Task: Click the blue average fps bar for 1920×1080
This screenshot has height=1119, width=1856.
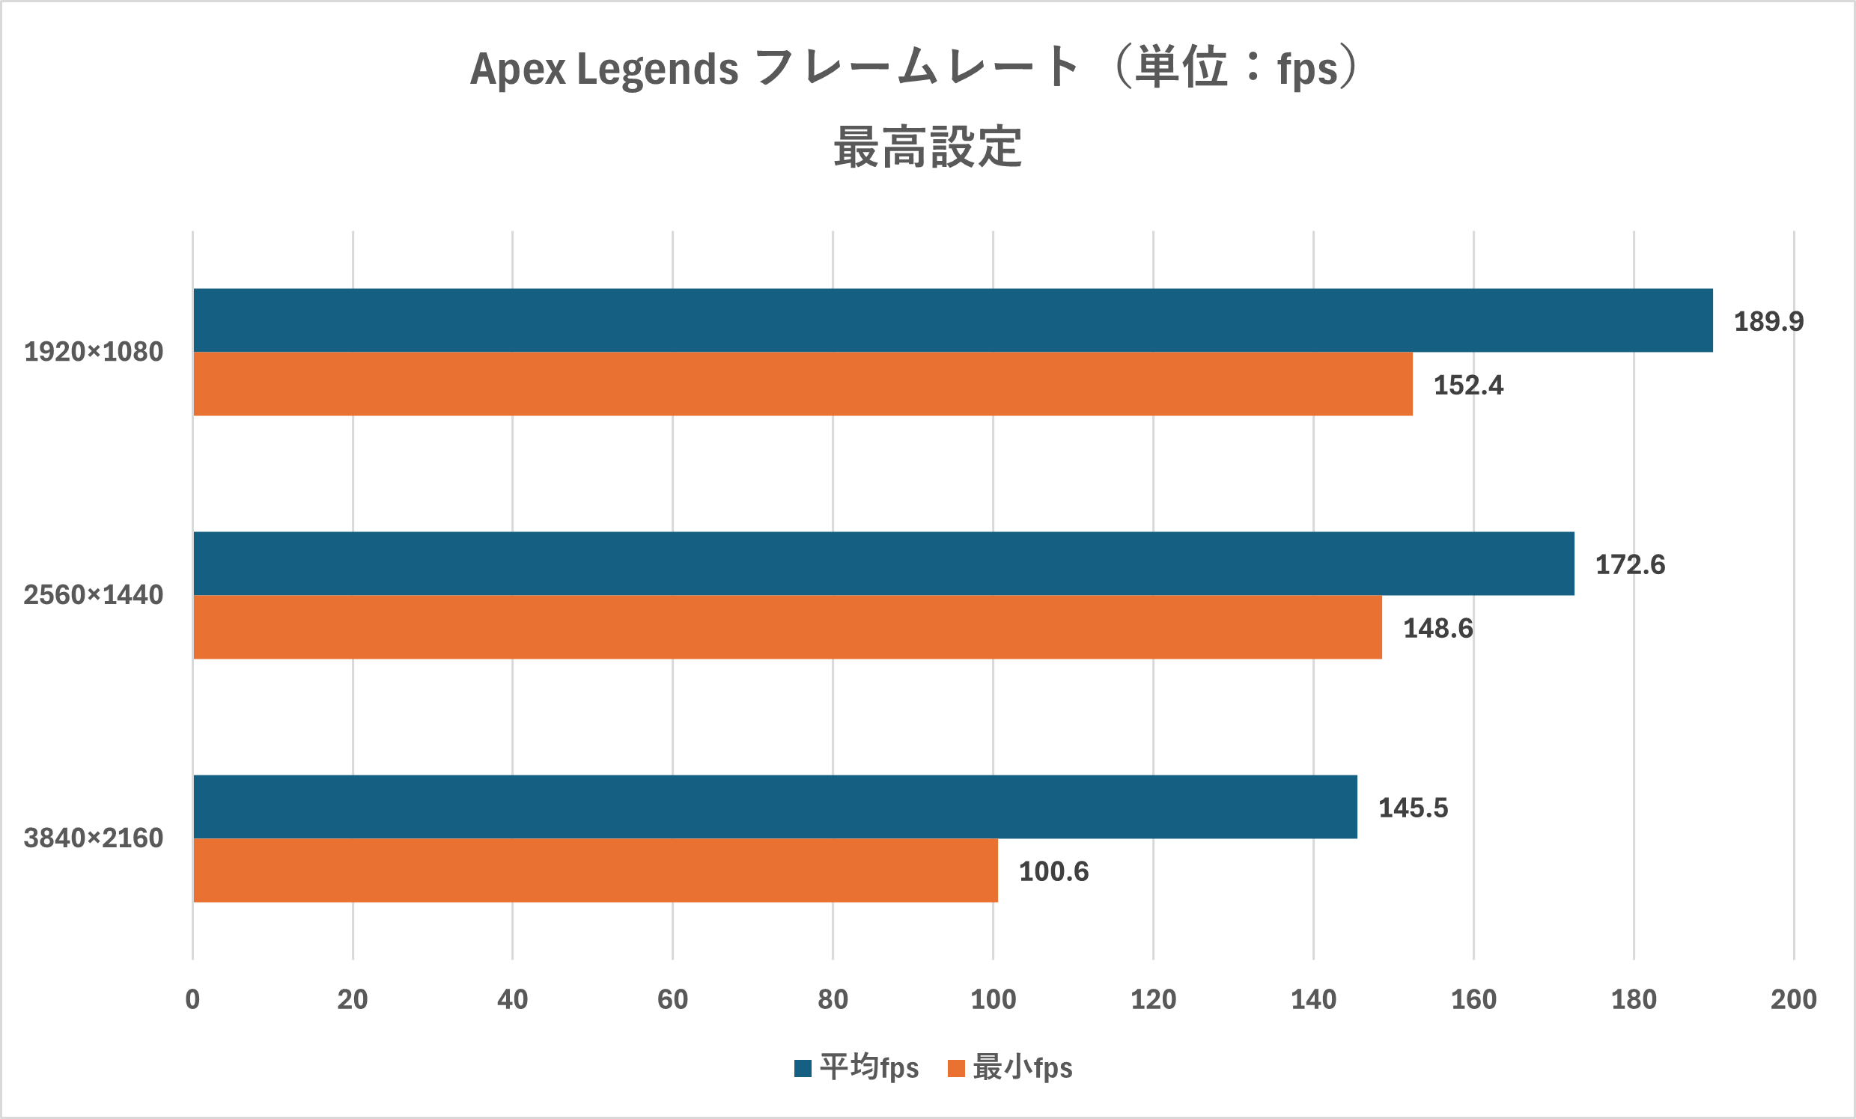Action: click(953, 320)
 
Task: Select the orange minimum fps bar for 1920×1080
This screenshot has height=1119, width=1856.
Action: click(803, 384)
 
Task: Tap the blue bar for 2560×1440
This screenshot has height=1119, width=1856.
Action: click(883, 564)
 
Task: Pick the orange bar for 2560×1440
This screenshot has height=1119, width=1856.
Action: click(788, 627)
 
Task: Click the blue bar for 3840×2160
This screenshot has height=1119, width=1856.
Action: click(775, 806)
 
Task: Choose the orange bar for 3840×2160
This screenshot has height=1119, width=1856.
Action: click(596, 870)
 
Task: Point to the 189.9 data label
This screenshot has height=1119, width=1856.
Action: click(1768, 322)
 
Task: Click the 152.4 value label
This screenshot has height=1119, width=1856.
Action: click(1468, 385)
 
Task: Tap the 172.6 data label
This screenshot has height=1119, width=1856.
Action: click(1630, 565)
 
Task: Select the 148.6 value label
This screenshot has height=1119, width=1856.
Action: click(1437, 628)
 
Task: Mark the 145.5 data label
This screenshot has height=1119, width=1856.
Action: click(1413, 808)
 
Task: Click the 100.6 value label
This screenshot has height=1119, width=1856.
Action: click(1054, 872)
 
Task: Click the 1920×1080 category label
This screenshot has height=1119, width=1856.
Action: click(94, 353)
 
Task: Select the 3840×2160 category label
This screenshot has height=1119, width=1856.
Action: click(94, 838)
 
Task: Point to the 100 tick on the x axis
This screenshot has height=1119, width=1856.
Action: click(993, 999)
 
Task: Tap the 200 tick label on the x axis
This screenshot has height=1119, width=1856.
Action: click(1793, 999)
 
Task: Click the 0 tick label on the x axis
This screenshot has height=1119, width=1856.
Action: click(193, 999)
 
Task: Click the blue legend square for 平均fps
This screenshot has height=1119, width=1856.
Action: click(803, 1068)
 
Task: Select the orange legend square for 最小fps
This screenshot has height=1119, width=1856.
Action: click(956, 1068)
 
